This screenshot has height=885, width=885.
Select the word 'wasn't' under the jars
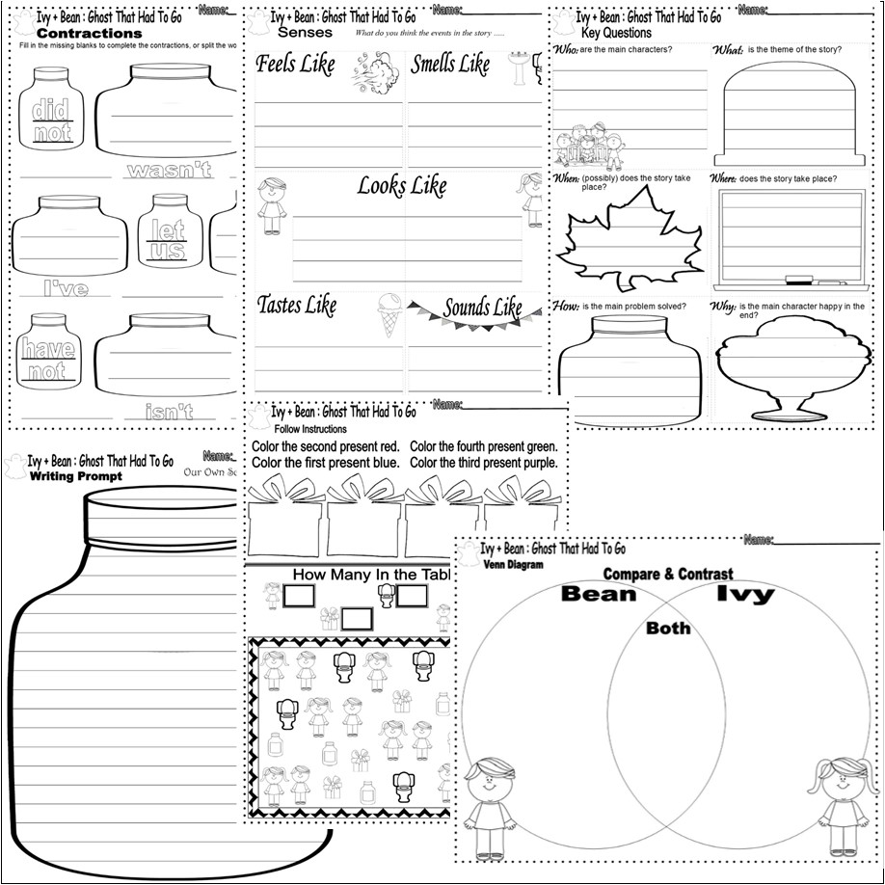169,172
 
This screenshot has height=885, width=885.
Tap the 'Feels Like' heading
295,65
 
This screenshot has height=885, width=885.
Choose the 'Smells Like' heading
450,65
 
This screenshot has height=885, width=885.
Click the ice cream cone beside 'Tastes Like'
387,313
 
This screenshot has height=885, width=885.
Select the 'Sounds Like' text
482,308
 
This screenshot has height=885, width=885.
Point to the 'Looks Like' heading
402,185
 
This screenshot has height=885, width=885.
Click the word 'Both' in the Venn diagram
667,628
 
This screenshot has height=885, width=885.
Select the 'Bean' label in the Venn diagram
599,593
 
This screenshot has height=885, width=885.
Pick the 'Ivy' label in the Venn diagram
744,594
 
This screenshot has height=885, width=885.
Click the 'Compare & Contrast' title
668,573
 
